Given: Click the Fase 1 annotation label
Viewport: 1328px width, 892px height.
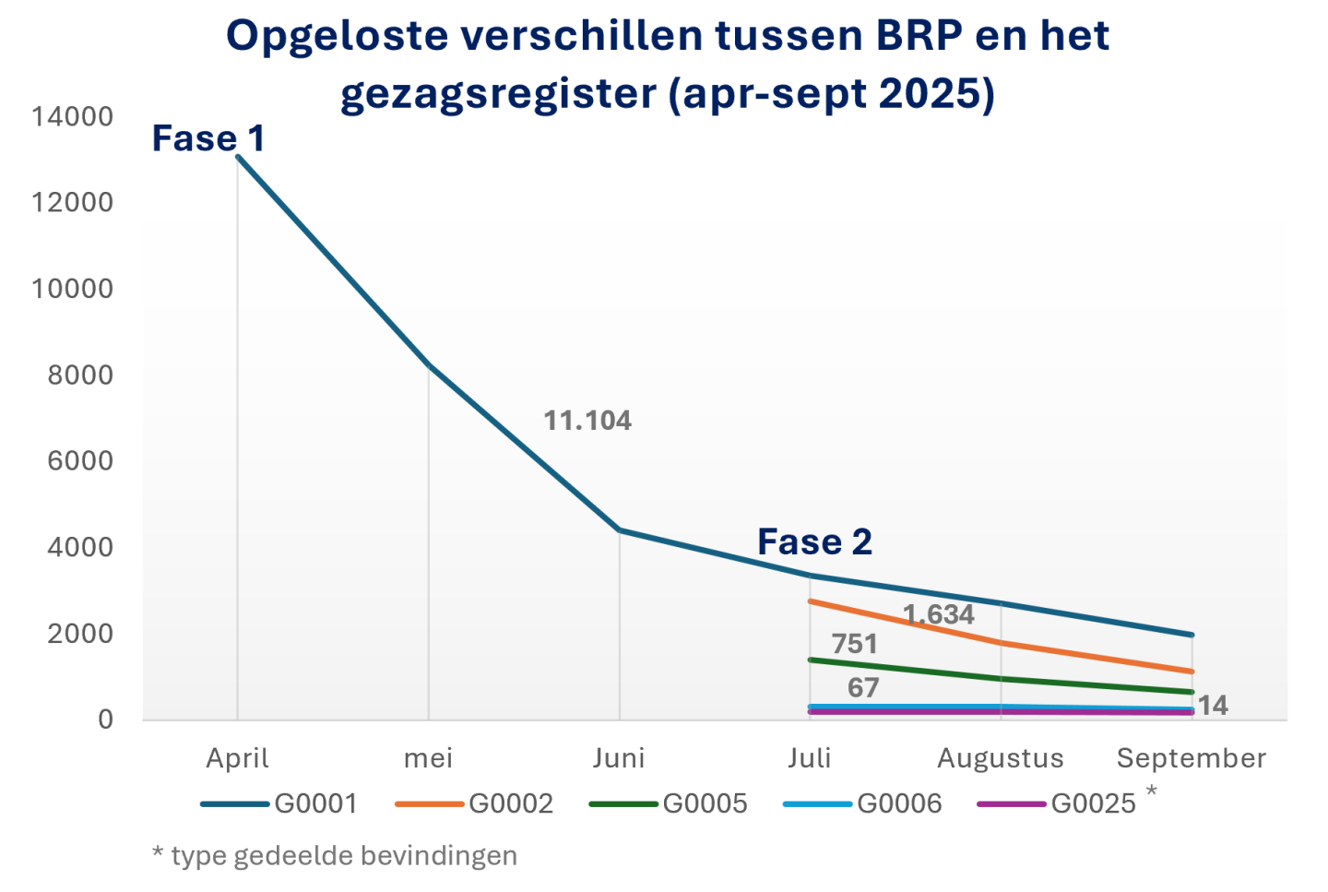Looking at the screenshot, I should (x=208, y=138).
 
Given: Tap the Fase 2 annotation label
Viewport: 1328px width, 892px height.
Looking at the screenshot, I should (x=814, y=542).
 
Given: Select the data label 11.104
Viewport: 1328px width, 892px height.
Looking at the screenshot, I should (x=587, y=421).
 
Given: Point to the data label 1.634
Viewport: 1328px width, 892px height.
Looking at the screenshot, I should (x=938, y=614).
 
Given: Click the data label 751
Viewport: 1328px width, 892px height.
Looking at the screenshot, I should (x=854, y=644).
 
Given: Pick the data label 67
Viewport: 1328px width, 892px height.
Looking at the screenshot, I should (x=863, y=688).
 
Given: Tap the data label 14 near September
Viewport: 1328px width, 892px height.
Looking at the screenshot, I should (x=1213, y=706).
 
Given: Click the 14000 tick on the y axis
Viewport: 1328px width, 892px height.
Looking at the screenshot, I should (x=73, y=116).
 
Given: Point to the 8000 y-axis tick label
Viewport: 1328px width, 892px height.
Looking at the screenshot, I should (x=80, y=375).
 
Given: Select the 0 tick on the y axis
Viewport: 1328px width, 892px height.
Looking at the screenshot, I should (x=105, y=720).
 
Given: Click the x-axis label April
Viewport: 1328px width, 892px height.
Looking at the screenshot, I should (x=237, y=758).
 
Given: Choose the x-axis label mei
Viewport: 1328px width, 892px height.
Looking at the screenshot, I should (x=428, y=758).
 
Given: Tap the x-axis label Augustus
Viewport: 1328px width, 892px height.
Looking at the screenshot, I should (x=1001, y=758).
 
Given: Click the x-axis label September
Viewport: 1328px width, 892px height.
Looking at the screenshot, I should (x=1192, y=758).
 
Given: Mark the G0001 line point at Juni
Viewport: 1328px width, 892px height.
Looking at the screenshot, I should (x=619, y=530).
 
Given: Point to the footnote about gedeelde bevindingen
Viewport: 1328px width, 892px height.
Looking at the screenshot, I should (x=334, y=856).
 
